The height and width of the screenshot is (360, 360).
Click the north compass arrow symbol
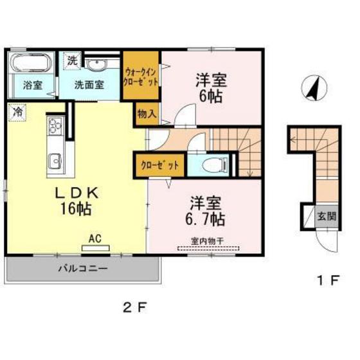pos(313,89)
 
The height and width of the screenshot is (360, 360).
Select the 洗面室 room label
pos(89,84)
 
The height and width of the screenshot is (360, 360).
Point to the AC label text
pos(95,239)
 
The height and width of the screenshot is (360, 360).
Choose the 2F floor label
pos(134,306)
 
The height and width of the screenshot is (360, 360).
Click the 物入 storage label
pos(147,115)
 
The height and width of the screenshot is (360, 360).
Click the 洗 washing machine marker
pos(72,62)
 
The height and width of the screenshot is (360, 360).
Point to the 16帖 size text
pos(75,208)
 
